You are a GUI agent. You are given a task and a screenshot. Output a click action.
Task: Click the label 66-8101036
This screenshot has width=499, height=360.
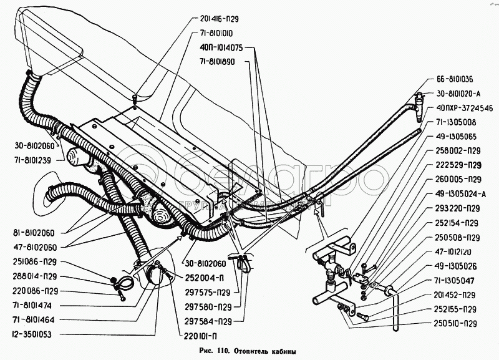tap(451, 79)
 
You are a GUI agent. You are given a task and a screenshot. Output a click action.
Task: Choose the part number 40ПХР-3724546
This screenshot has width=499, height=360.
tap(460, 107)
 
